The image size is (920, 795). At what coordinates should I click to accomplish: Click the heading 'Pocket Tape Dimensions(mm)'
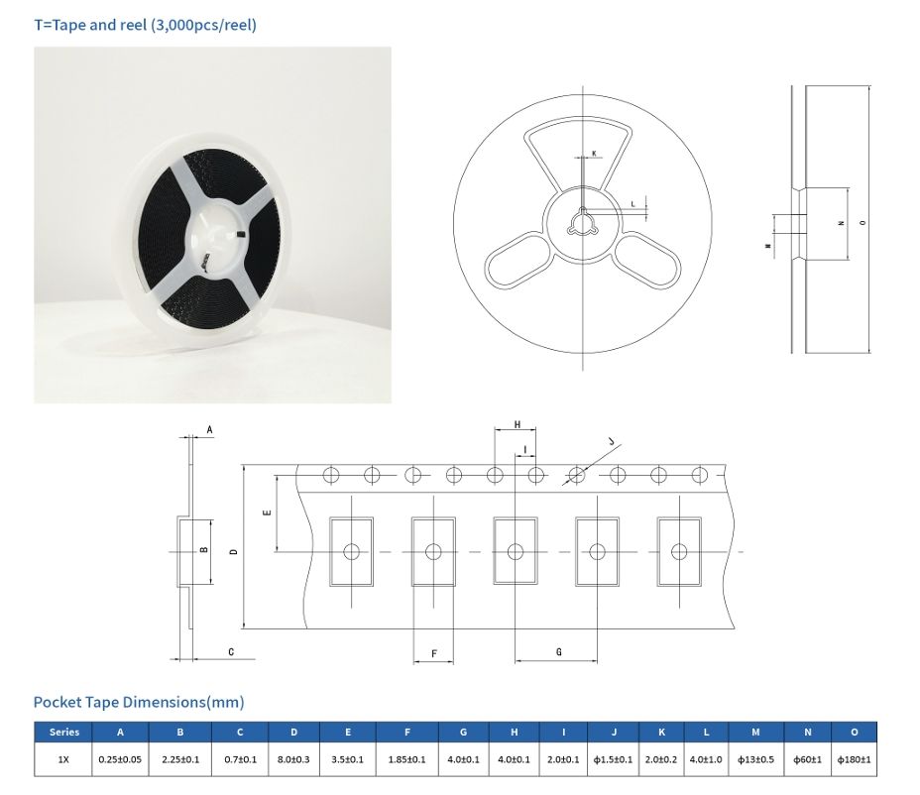click(139, 702)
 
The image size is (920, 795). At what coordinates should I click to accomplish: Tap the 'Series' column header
click(64, 733)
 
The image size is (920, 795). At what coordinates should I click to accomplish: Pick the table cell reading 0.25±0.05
click(120, 759)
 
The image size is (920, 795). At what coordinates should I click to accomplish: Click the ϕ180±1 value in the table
click(854, 759)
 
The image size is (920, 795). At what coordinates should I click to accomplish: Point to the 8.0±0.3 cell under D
click(294, 759)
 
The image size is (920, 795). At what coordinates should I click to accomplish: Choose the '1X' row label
click(64, 759)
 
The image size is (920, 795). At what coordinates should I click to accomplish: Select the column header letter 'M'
click(755, 733)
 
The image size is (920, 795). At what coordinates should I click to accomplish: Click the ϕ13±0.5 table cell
click(755, 759)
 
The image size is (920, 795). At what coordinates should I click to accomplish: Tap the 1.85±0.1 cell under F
click(407, 759)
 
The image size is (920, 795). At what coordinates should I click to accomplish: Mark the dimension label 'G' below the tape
click(559, 652)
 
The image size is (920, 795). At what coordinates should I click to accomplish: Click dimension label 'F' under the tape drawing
click(434, 654)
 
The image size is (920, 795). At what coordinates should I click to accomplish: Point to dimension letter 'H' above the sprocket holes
click(517, 425)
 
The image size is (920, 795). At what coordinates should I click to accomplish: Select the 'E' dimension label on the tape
click(265, 512)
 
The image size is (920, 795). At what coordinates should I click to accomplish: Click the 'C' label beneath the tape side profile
click(231, 651)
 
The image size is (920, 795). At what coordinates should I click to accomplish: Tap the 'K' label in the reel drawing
click(594, 153)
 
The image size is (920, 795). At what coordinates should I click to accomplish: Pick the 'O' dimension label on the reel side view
click(861, 223)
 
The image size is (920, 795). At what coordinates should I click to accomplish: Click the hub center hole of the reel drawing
click(583, 223)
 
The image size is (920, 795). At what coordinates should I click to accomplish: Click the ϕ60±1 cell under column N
click(807, 759)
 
